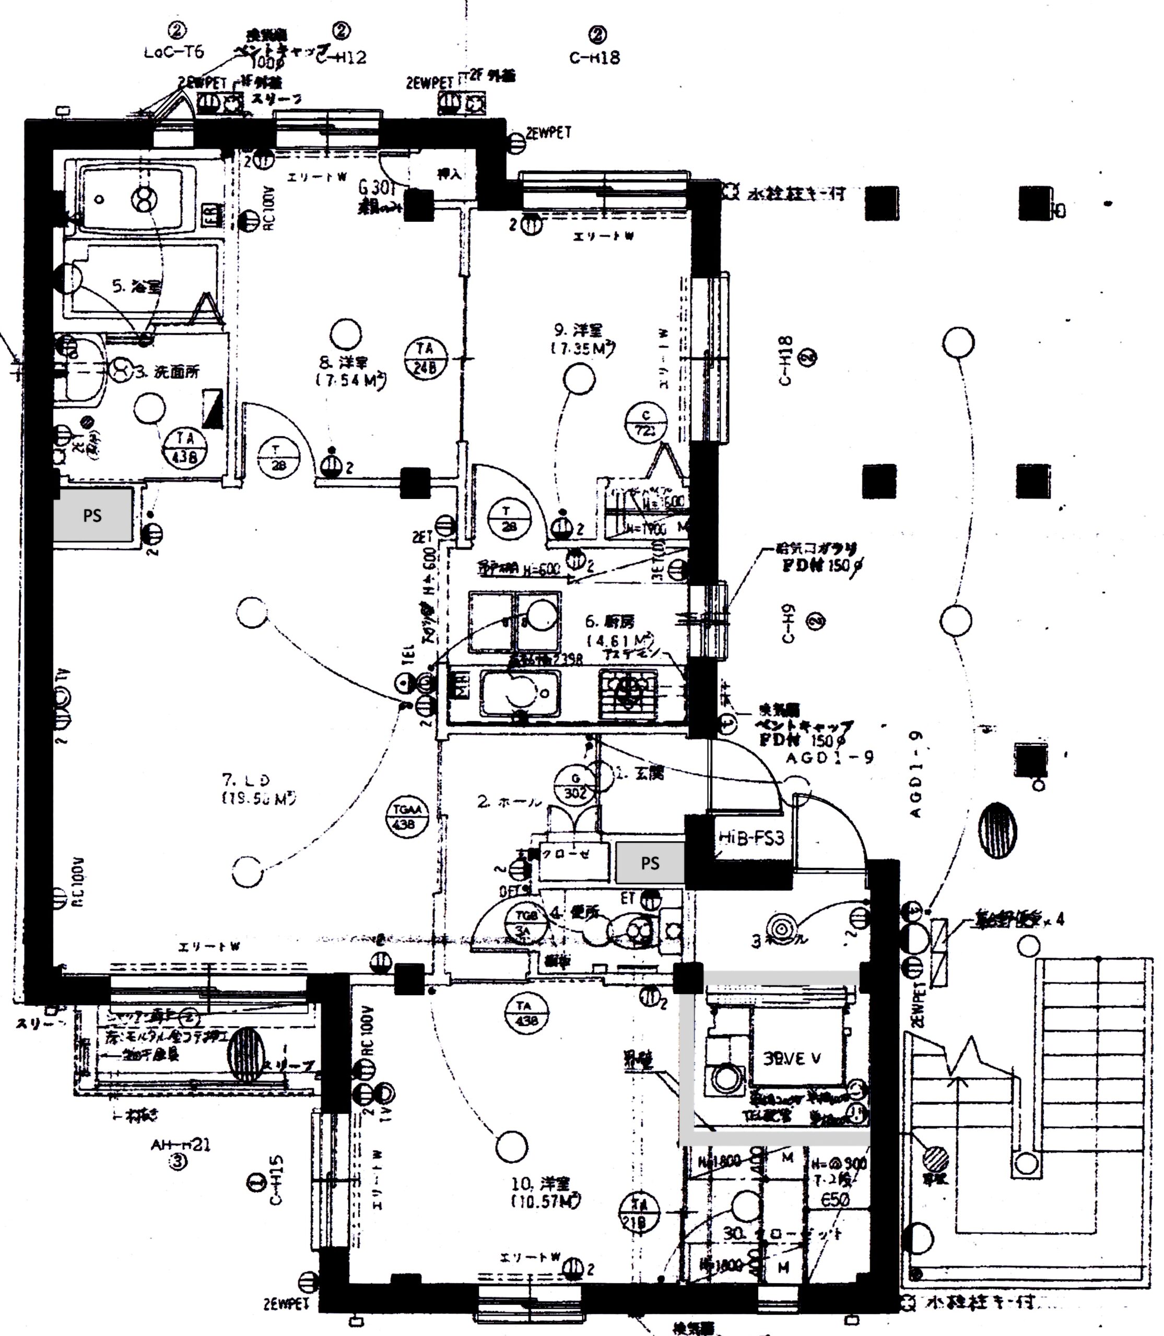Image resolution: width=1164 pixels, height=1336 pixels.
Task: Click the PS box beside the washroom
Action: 93,515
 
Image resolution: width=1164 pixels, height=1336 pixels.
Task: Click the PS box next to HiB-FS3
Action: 650,863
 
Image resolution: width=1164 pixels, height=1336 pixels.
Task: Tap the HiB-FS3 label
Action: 751,838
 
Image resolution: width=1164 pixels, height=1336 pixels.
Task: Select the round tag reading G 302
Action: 575,786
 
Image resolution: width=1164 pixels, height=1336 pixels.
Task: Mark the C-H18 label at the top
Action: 594,57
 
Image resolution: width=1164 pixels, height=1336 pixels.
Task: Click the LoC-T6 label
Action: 174,52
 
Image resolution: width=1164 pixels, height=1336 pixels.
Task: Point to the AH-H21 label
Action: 181,1144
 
